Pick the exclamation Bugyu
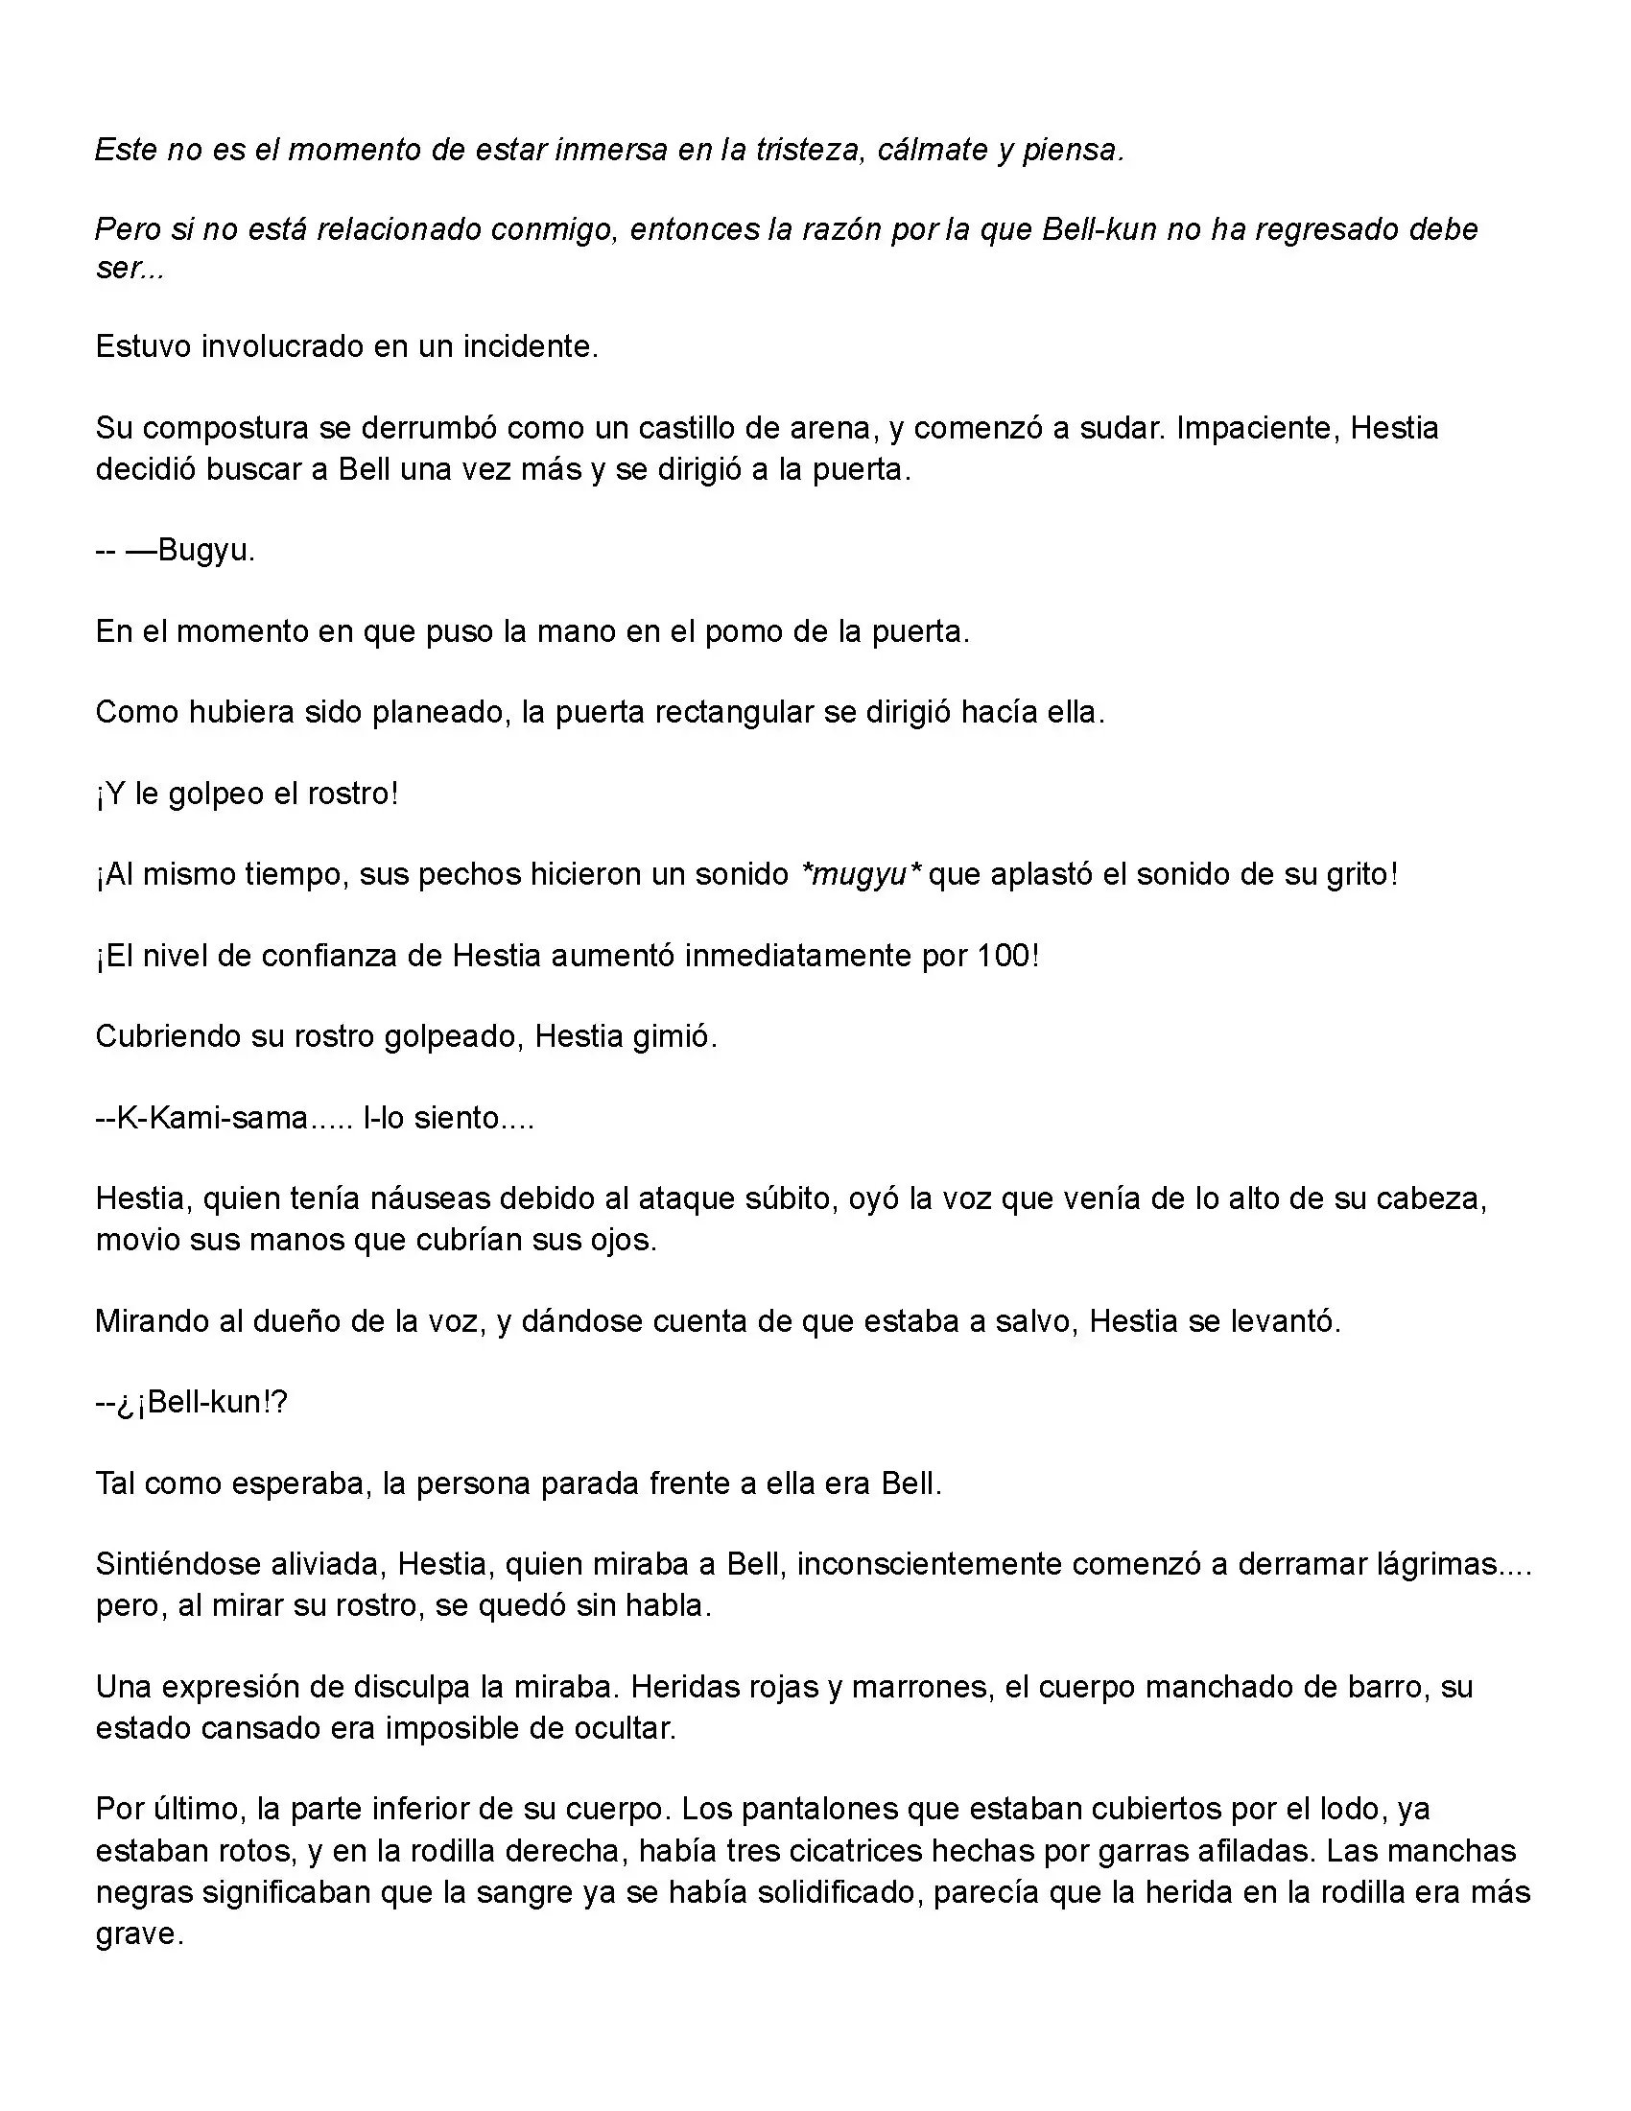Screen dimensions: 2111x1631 coord(206,551)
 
